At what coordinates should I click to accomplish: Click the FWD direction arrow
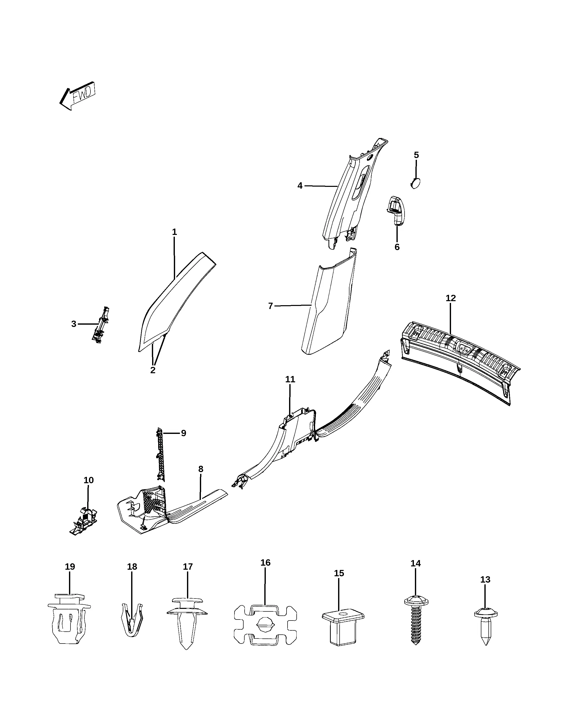coord(77,96)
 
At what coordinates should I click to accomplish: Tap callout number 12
coord(451,298)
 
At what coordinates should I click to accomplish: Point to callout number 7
coord(270,306)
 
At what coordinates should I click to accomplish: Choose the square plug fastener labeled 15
coord(343,628)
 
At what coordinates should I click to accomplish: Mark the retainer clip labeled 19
coord(69,619)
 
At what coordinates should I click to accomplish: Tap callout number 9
coord(183,433)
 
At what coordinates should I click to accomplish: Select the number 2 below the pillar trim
coord(153,370)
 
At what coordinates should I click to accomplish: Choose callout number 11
coord(290,379)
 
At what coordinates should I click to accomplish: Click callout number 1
coord(174,232)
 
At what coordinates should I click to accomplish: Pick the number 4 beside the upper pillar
coord(300,186)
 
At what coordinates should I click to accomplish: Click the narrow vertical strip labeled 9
coord(160,454)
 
